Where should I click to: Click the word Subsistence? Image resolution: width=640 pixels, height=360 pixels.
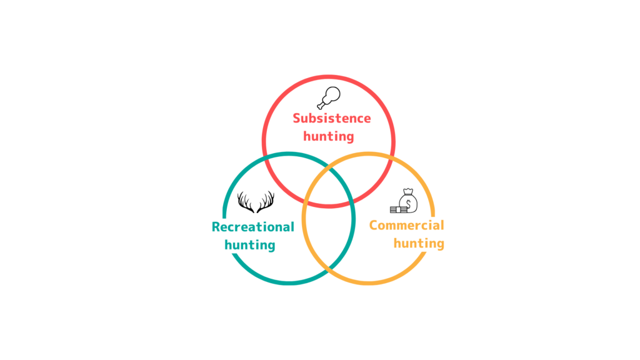point(332,118)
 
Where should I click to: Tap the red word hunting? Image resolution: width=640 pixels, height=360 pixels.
point(329,136)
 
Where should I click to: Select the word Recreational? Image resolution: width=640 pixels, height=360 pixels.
point(252,227)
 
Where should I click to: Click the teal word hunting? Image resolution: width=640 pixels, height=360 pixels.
point(250,245)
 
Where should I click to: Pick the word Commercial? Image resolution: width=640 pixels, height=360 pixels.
point(406,225)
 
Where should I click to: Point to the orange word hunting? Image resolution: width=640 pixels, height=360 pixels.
point(419,243)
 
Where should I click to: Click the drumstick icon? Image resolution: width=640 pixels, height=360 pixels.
point(329,98)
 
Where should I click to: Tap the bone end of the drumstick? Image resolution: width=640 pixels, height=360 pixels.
point(321,106)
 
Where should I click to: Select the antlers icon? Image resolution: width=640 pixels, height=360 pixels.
point(256,202)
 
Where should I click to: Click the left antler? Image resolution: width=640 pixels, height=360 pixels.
point(246,202)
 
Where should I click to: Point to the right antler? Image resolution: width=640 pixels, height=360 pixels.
point(266,202)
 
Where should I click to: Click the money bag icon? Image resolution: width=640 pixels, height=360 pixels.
point(404,201)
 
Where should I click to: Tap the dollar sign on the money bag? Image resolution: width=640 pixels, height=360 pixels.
point(409,204)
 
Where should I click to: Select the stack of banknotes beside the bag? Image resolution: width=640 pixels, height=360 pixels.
point(398,210)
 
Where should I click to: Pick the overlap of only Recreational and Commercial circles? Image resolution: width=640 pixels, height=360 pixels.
point(329,237)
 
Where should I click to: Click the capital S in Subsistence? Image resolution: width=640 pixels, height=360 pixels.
point(297,118)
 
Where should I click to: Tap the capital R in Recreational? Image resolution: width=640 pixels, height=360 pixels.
point(216,227)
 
